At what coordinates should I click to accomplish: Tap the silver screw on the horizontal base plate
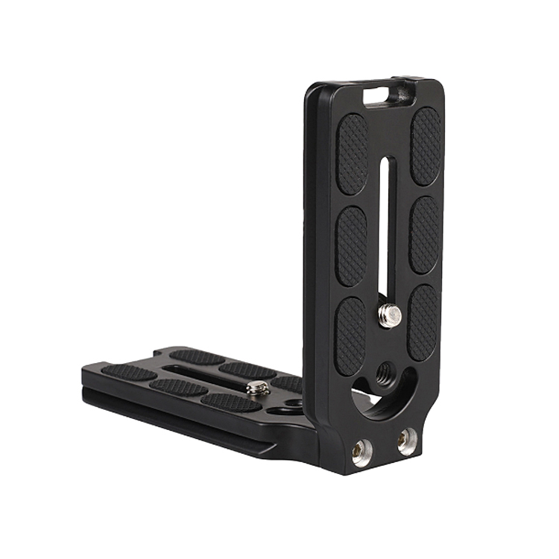[258, 388]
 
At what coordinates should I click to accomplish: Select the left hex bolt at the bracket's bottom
[361, 451]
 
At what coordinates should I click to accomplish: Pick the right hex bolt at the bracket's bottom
[406, 442]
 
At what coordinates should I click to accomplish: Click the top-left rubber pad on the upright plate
[352, 154]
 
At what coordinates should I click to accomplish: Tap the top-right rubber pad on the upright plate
[426, 146]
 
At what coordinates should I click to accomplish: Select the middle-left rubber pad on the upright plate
[351, 245]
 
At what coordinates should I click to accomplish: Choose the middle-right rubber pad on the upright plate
[425, 235]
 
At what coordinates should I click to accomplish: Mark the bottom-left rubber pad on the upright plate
[350, 335]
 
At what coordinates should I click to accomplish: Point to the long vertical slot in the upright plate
[383, 224]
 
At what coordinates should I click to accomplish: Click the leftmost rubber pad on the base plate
[129, 371]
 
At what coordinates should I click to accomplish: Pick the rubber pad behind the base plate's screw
[247, 370]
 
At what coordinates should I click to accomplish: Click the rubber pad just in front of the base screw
[231, 401]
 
